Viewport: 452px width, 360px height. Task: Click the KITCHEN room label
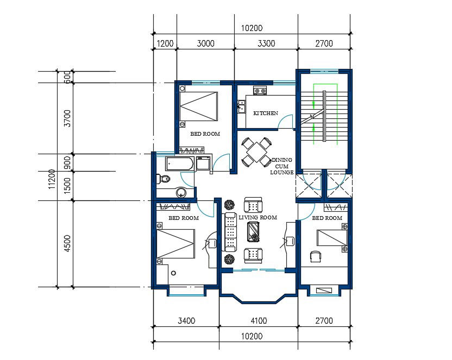point(266,113)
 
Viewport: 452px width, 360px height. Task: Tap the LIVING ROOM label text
point(258,217)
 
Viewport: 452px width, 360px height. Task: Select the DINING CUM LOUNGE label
point(281,166)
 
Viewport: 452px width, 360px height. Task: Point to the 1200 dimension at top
point(165,44)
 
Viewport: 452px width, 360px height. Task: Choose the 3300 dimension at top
point(266,44)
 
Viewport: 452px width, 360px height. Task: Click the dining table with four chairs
point(256,151)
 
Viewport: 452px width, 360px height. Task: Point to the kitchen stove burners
point(259,91)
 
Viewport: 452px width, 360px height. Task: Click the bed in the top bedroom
point(199,106)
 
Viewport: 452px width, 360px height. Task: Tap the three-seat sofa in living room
point(231,232)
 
